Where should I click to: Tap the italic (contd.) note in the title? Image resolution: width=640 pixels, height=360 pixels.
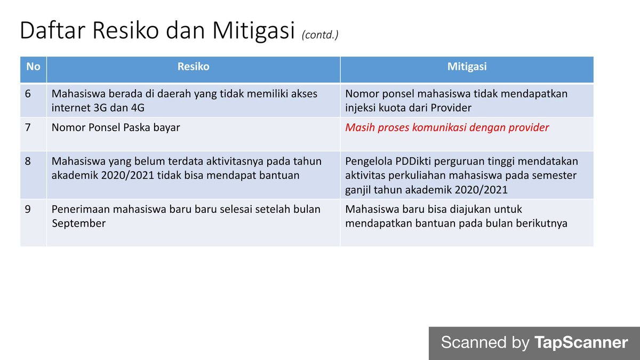[320, 35]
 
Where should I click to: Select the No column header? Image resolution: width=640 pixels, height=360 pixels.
[33, 67]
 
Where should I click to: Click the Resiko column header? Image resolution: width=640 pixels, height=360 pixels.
[193, 67]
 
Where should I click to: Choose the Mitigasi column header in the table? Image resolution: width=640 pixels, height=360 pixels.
[467, 67]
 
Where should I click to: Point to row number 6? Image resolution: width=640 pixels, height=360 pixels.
[28, 94]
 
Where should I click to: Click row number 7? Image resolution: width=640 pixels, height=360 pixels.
[28, 128]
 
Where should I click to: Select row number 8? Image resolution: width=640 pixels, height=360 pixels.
[28, 161]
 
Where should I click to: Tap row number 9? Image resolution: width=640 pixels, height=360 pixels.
[28, 209]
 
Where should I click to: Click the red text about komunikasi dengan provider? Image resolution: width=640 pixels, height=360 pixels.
[447, 128]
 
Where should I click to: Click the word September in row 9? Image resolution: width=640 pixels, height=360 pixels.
[78, 223]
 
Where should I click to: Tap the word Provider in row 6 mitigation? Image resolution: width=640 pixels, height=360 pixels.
[454, 108]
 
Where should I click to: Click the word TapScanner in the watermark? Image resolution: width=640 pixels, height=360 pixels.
[581, 342]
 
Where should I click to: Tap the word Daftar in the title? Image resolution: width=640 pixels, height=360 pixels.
[51, 31]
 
